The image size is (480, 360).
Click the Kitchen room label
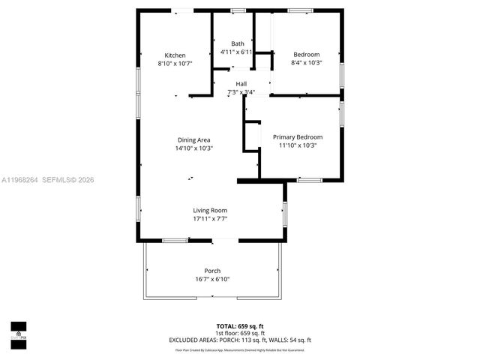[x=175, y=55]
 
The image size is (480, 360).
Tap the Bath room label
[x=237, y=43]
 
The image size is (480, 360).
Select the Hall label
[x=241, y=83]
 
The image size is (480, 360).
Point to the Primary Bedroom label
[x=298, y=137]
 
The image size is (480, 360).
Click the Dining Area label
[x=193, y=140]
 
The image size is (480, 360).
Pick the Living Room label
[x=210, y=211]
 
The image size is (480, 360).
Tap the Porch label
[x=212, y=271]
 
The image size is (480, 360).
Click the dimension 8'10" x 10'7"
[x=175, y=64]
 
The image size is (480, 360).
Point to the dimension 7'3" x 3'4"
[x=241, y=92]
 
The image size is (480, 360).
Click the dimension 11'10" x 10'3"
[x=298, y=145]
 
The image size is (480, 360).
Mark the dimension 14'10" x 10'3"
[x=193, y=148]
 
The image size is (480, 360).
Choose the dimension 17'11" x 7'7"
[x=210, y=219]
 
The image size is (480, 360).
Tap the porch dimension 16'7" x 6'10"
[x=212, y=279]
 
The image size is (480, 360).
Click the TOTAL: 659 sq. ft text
[x=240, y=326]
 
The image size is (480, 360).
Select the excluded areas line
[x=240, y=340]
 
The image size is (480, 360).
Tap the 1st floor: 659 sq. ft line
[x=240, y=333]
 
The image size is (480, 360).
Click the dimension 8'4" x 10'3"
[x=306, y=64]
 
